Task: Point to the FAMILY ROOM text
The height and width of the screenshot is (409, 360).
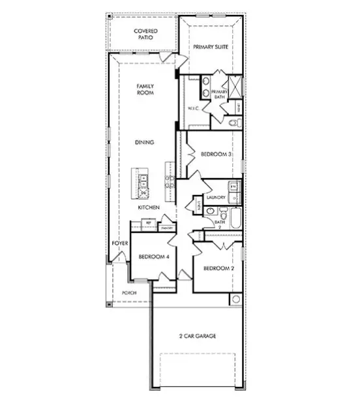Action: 145,90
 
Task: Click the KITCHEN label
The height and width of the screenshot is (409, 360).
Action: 149,207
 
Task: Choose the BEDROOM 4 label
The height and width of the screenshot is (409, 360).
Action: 154,257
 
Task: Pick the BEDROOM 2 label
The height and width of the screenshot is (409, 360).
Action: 218,269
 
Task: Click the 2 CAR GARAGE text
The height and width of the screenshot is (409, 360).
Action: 198,337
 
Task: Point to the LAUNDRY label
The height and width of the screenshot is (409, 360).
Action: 216,197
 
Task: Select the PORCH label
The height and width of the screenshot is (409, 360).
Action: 128,294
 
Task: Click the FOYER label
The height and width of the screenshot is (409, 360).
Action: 119,243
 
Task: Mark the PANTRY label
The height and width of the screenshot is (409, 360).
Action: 167,228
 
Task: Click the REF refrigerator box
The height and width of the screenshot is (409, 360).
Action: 149,223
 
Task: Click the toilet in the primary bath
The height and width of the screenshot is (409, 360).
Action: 236,122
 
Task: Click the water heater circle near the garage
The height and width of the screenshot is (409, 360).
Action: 235,299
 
